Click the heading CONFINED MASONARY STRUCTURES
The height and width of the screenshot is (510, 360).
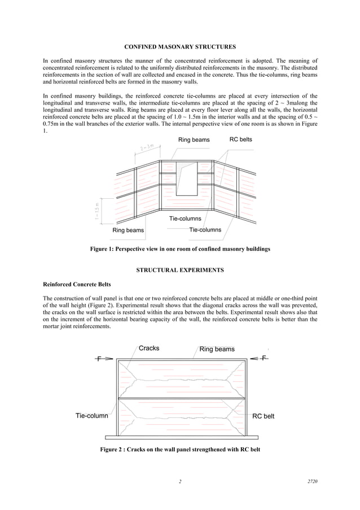(180, 45)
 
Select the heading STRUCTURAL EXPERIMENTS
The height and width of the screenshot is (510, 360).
(180, 270)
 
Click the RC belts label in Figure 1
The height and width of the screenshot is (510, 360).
(241, 139)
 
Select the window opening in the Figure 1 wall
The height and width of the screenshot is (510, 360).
(186, 178)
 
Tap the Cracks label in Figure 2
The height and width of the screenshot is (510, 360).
(149, 348)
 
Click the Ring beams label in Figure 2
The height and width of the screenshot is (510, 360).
(217, 349)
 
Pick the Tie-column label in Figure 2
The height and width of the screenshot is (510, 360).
(92, 416)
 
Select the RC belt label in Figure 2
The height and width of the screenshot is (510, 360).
(263, 416)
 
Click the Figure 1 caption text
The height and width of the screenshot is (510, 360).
(180, 249)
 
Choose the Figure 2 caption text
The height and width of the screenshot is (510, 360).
(180, 450)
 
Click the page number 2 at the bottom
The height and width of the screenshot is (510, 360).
(179, 481)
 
